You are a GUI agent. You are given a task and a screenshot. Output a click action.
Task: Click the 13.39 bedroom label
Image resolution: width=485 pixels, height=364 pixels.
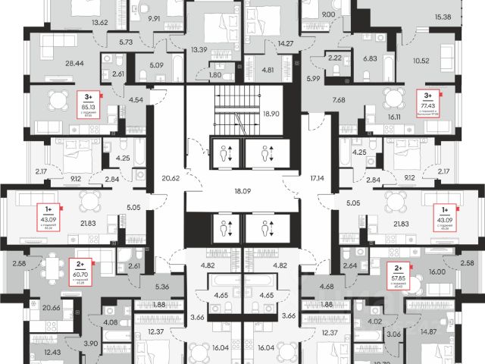click(199, 50)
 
